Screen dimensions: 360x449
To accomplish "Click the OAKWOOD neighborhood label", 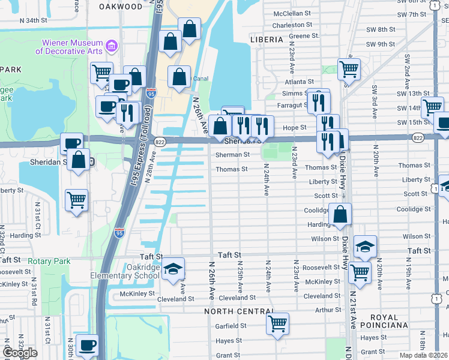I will point(122,7).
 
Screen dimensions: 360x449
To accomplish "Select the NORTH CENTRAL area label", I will point(238,311).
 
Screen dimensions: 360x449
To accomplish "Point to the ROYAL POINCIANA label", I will point(383,320).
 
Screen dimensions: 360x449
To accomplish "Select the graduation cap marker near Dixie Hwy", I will point(365,246).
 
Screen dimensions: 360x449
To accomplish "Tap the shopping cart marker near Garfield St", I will point(277,323).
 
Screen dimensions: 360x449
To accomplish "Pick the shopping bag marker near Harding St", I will point(340,214).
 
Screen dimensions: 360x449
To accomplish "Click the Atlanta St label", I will point(299,82).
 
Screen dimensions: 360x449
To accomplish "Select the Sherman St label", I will point(233,155).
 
